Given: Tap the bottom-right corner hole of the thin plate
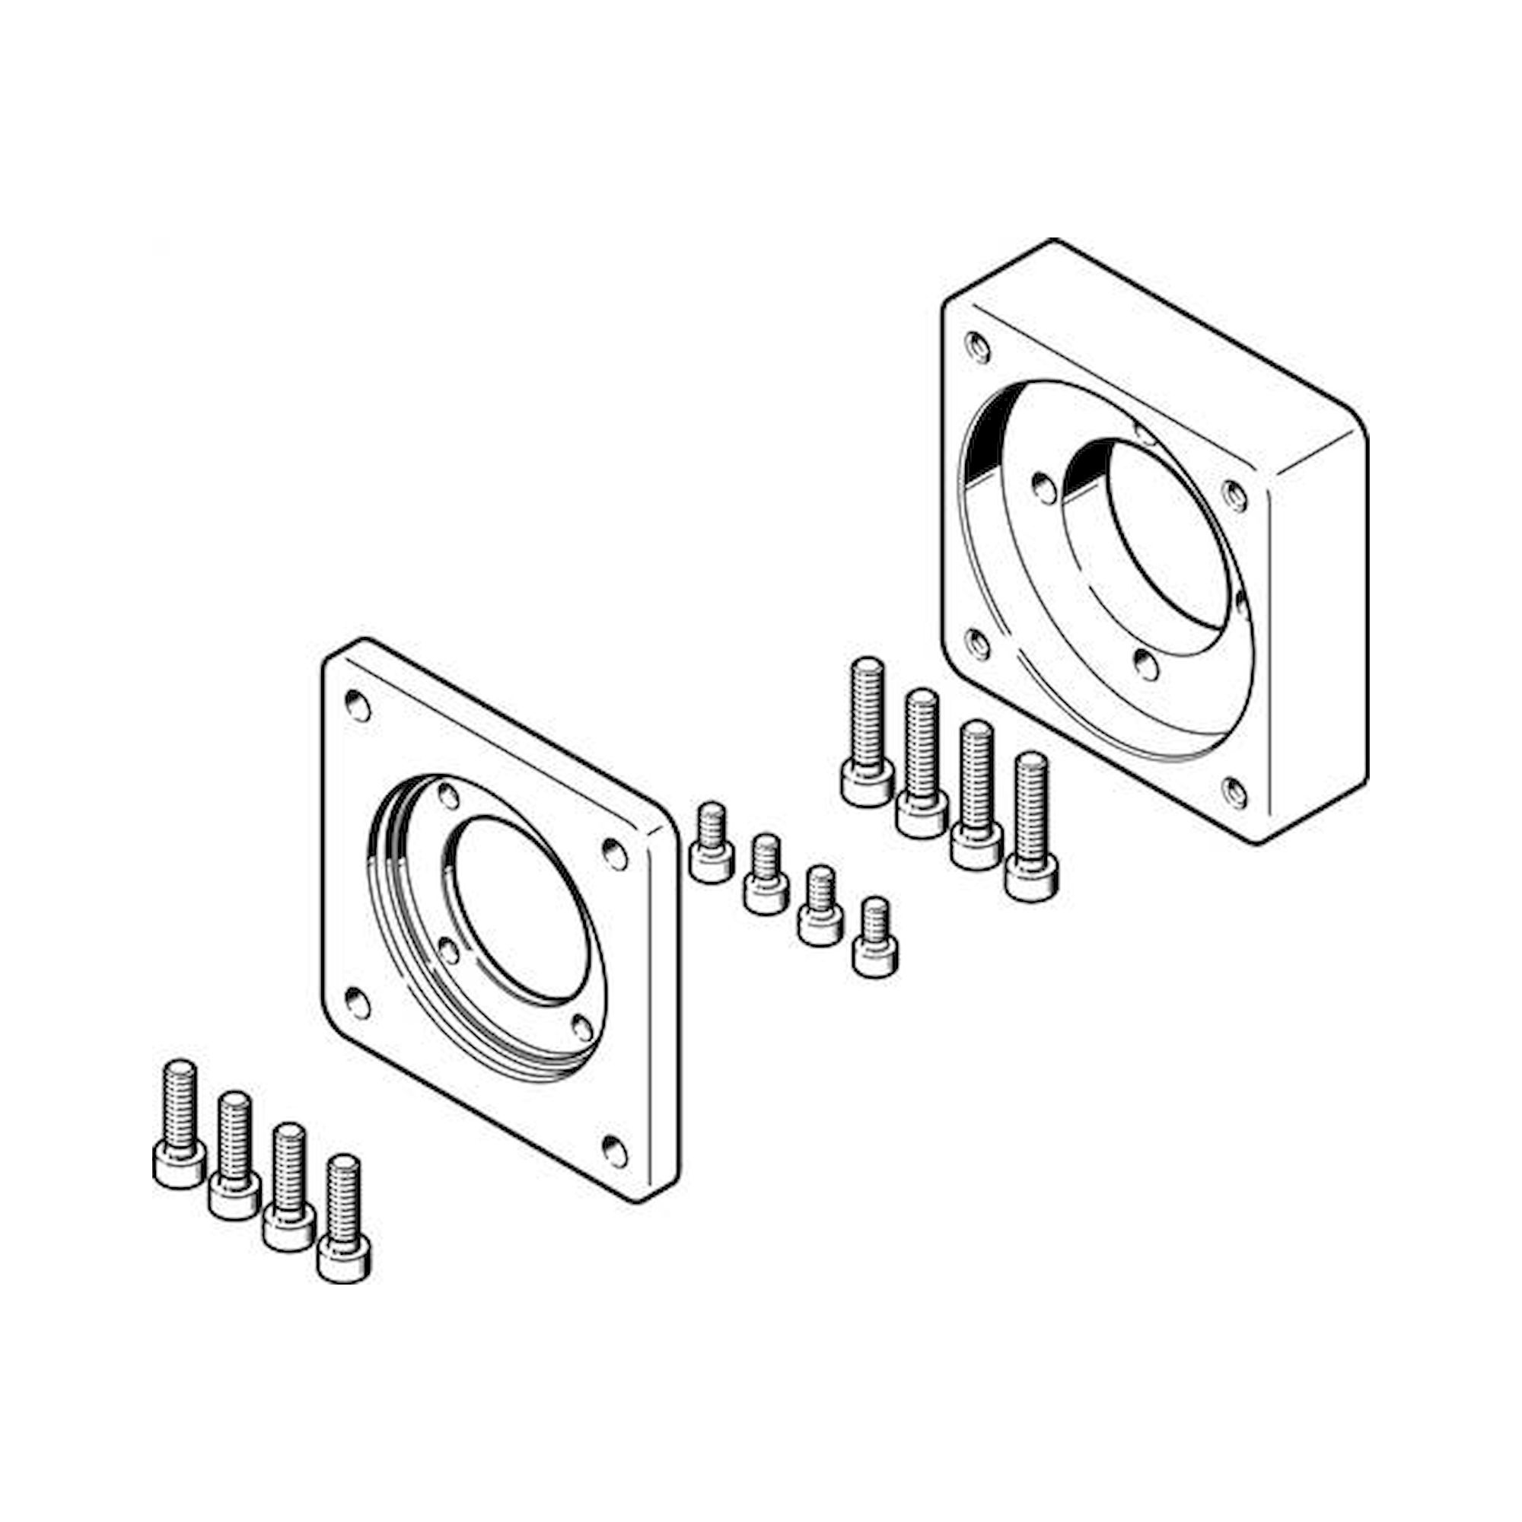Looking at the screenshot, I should point(614,1151).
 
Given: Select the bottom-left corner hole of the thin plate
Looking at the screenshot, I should point(357,1005).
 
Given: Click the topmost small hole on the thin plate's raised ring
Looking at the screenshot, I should point(448,797).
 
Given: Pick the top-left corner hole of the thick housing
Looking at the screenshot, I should point(978,346).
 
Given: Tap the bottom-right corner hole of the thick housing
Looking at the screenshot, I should point(1235,792).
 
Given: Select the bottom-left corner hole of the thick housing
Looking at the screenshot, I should point(977,645).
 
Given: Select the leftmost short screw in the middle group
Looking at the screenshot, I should point(712,844).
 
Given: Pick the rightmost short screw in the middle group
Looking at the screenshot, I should point(875,938).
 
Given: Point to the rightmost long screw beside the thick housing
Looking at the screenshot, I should point(1031,827).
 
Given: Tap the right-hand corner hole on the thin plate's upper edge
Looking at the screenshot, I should point(614,854).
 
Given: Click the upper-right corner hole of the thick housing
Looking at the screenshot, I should point(1234,495).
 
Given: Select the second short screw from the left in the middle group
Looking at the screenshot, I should point(766,875).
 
